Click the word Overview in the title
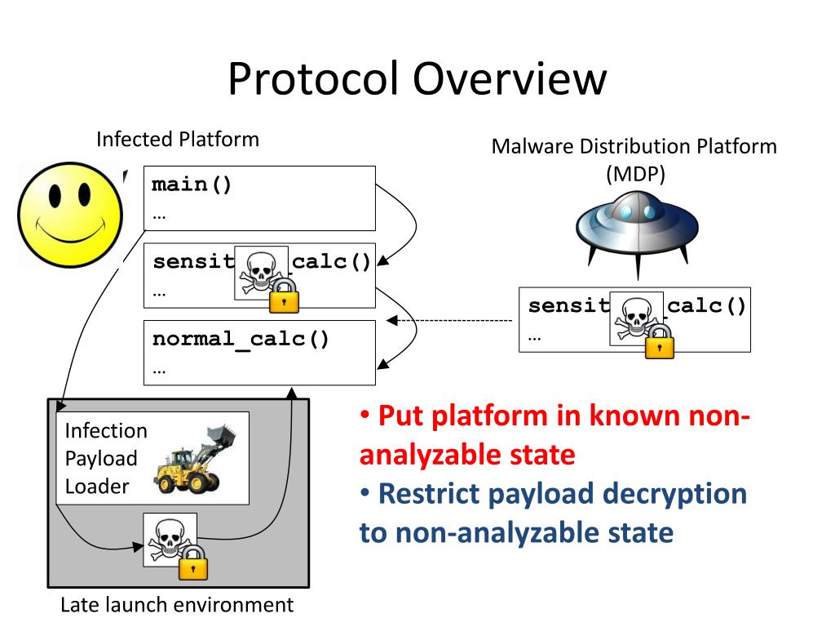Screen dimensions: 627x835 (510, 80)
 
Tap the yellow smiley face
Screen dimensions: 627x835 (70, 214)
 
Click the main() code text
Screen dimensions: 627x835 (192, 185)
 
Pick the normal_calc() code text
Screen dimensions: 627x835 (241, 338)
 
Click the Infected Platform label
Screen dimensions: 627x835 (178, 139)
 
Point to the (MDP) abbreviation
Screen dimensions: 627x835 (634, 174)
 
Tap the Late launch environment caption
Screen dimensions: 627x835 (177, 605)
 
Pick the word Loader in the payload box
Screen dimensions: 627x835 (97, 487)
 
